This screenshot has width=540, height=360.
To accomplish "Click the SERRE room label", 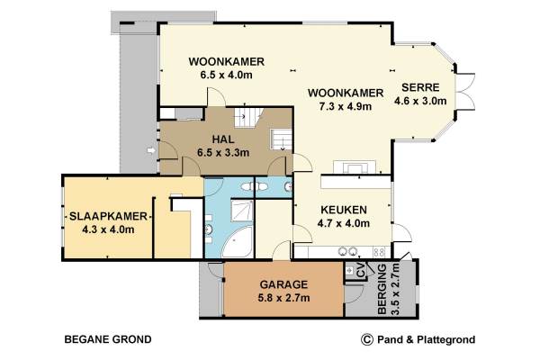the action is pyautogui.click(x=420, y=87).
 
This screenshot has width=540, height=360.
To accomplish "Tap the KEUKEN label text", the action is pyautogui.click(x=344, y=210).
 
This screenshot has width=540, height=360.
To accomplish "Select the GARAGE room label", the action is pyautogui.click(x=283, y=284).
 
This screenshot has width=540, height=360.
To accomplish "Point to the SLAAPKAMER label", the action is pyautogui.click(x=109, y=216).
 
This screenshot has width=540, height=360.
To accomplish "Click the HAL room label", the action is pyautogui.click(x=223, y=139).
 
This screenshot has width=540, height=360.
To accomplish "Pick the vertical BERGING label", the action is pyautogui.click(x=382, y=290).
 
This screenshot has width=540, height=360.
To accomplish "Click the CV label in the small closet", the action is pyautogui.click(x=361, y=271).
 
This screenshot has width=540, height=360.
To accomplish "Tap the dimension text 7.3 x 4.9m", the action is pyautogui.click(x=346, y=106).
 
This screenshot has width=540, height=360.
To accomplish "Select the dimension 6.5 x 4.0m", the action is pyautogui.click(x=226, y=75).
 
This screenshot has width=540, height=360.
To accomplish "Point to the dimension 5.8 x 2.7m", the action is pyautogui.click(x=283, y=298).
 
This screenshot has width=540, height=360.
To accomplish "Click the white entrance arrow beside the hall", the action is pyautogui.click(x=151, y=150).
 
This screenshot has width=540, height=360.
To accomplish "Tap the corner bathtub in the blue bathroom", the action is pyautogui.click(x=237, y=242).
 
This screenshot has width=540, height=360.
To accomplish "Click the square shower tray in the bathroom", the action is pyautogui.click(x=242, y=210).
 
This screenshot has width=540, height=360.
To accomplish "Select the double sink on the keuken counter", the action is pyautogui.click(x=347, y=252).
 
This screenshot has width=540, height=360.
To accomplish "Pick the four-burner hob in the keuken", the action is pyautogui.click(x=379, y=252).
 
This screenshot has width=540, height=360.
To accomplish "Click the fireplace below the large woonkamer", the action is pyautogui.click(x=355, y=167).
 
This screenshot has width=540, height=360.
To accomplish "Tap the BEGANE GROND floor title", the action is pyautogui.click(x=108, y=339).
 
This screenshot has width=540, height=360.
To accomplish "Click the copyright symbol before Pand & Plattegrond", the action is pyautogui.click(x=367, y=339).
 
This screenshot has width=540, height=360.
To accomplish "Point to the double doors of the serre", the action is pyautogui.click(x=465, y=92).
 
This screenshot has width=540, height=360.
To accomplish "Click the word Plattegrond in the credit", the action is pyautogui.click(x=446, y=340).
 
